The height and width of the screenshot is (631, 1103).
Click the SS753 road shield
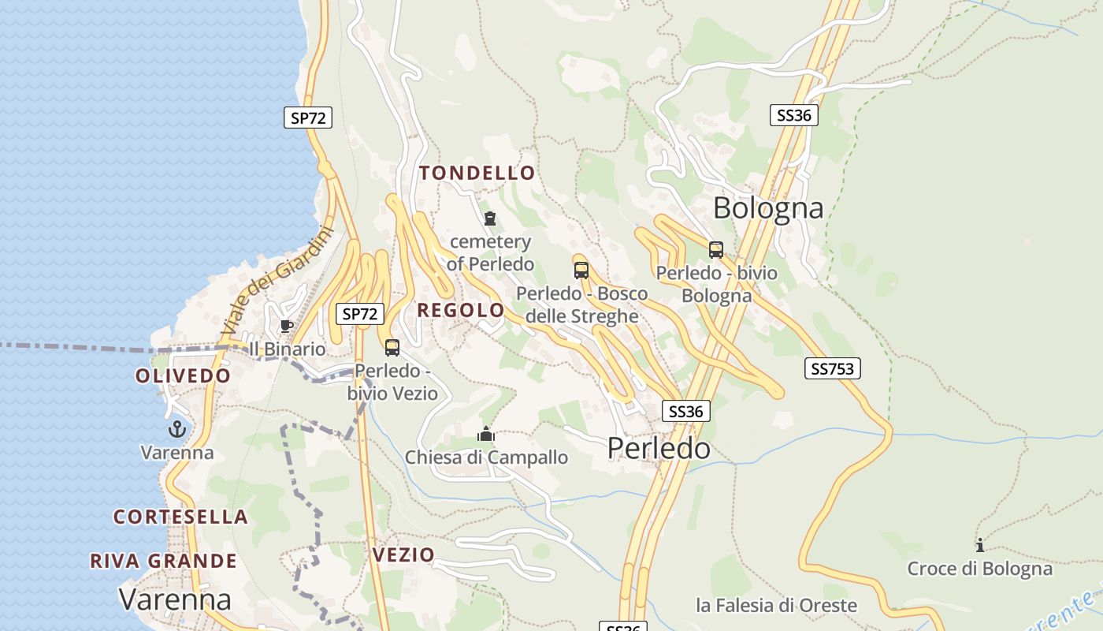(x=833, y=368)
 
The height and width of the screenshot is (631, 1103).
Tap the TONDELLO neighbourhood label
(x=477, y=173)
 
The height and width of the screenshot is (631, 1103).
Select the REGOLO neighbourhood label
(x=461, y=310)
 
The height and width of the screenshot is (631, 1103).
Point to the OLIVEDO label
(x=183, y=375)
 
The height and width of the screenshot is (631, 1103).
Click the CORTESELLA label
(x=180, y=517)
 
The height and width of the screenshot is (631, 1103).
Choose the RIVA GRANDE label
(x=163, y=561)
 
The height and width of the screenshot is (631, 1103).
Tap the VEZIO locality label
(x=403, y=554)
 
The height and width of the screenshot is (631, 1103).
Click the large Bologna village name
(x=768, y=208)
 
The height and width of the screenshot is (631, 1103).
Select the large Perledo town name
(x=659, y=448)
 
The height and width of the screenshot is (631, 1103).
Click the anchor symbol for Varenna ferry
(x=177, y=430)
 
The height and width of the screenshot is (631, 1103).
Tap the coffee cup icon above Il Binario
(x=287, y=326)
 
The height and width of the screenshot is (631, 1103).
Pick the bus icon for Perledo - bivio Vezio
(x=392, y=347)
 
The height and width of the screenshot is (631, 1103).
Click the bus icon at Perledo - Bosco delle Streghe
(x=581, y=271)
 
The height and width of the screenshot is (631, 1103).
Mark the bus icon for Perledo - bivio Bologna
(x=716, y=250)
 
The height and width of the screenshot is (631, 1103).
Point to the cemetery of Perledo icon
(x=490, y=218)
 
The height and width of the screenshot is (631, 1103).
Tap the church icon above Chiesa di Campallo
(x=486, y=434)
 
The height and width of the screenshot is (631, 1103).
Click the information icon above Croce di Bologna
(x=979, y=545)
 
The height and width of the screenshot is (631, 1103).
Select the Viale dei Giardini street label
(x=277, y=282)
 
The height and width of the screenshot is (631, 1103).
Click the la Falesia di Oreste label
(x=776, y=605)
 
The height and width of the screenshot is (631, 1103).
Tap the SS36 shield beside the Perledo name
(x=685, y=411)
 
